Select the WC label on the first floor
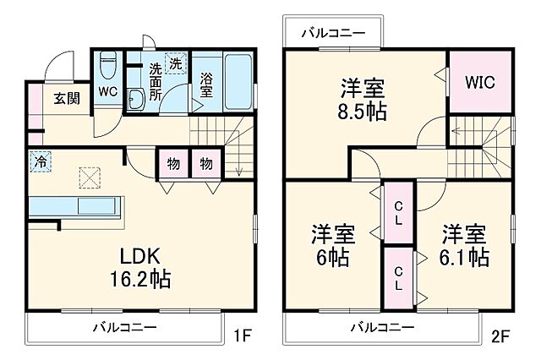tap(107, 91)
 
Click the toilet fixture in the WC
tap(107, 63)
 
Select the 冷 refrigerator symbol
tap(40, 159)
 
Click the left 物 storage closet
tap(172, 162)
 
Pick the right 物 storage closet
tap(205, 162)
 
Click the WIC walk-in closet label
tap(479, 83)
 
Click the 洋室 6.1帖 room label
tap(464, 243)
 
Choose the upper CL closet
tap(398, 213)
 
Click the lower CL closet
tap(398, 281)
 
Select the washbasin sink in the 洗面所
tap(136, 98)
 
